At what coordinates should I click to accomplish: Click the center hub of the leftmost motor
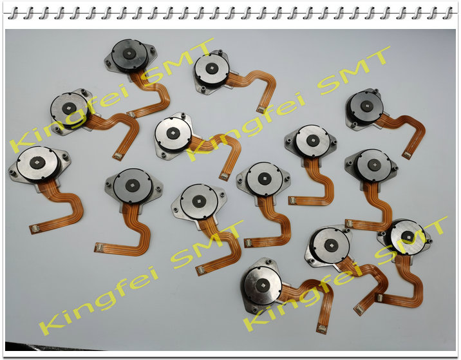37,162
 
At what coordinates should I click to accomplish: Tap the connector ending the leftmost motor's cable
34,228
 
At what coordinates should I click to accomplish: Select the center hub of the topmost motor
129,53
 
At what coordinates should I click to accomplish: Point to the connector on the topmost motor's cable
131,114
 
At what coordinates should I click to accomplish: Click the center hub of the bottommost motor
262,285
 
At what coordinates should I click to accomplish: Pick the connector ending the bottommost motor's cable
321,329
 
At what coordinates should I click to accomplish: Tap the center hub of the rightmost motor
408,236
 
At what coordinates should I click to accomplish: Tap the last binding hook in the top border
447,14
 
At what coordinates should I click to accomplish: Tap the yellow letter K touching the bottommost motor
256,319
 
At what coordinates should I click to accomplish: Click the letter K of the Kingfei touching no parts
52,325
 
